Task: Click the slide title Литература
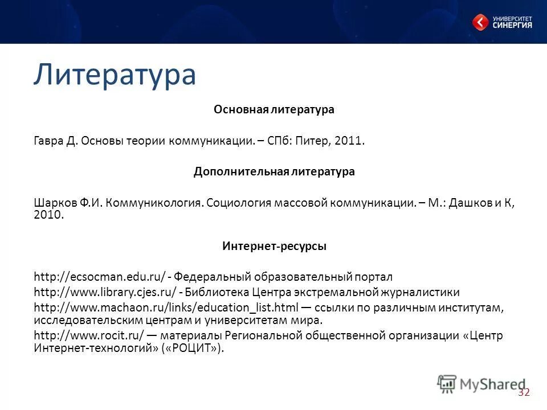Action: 115,75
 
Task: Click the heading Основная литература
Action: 273,109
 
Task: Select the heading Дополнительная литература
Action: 273,171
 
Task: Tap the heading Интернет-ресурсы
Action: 273,247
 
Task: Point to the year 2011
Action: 349,141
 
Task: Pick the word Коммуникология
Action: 154,203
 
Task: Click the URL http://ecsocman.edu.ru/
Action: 100,277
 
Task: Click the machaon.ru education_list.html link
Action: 166,307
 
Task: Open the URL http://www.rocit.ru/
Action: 92,335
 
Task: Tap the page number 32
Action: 524,392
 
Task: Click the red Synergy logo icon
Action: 480,22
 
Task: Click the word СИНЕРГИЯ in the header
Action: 512,25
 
